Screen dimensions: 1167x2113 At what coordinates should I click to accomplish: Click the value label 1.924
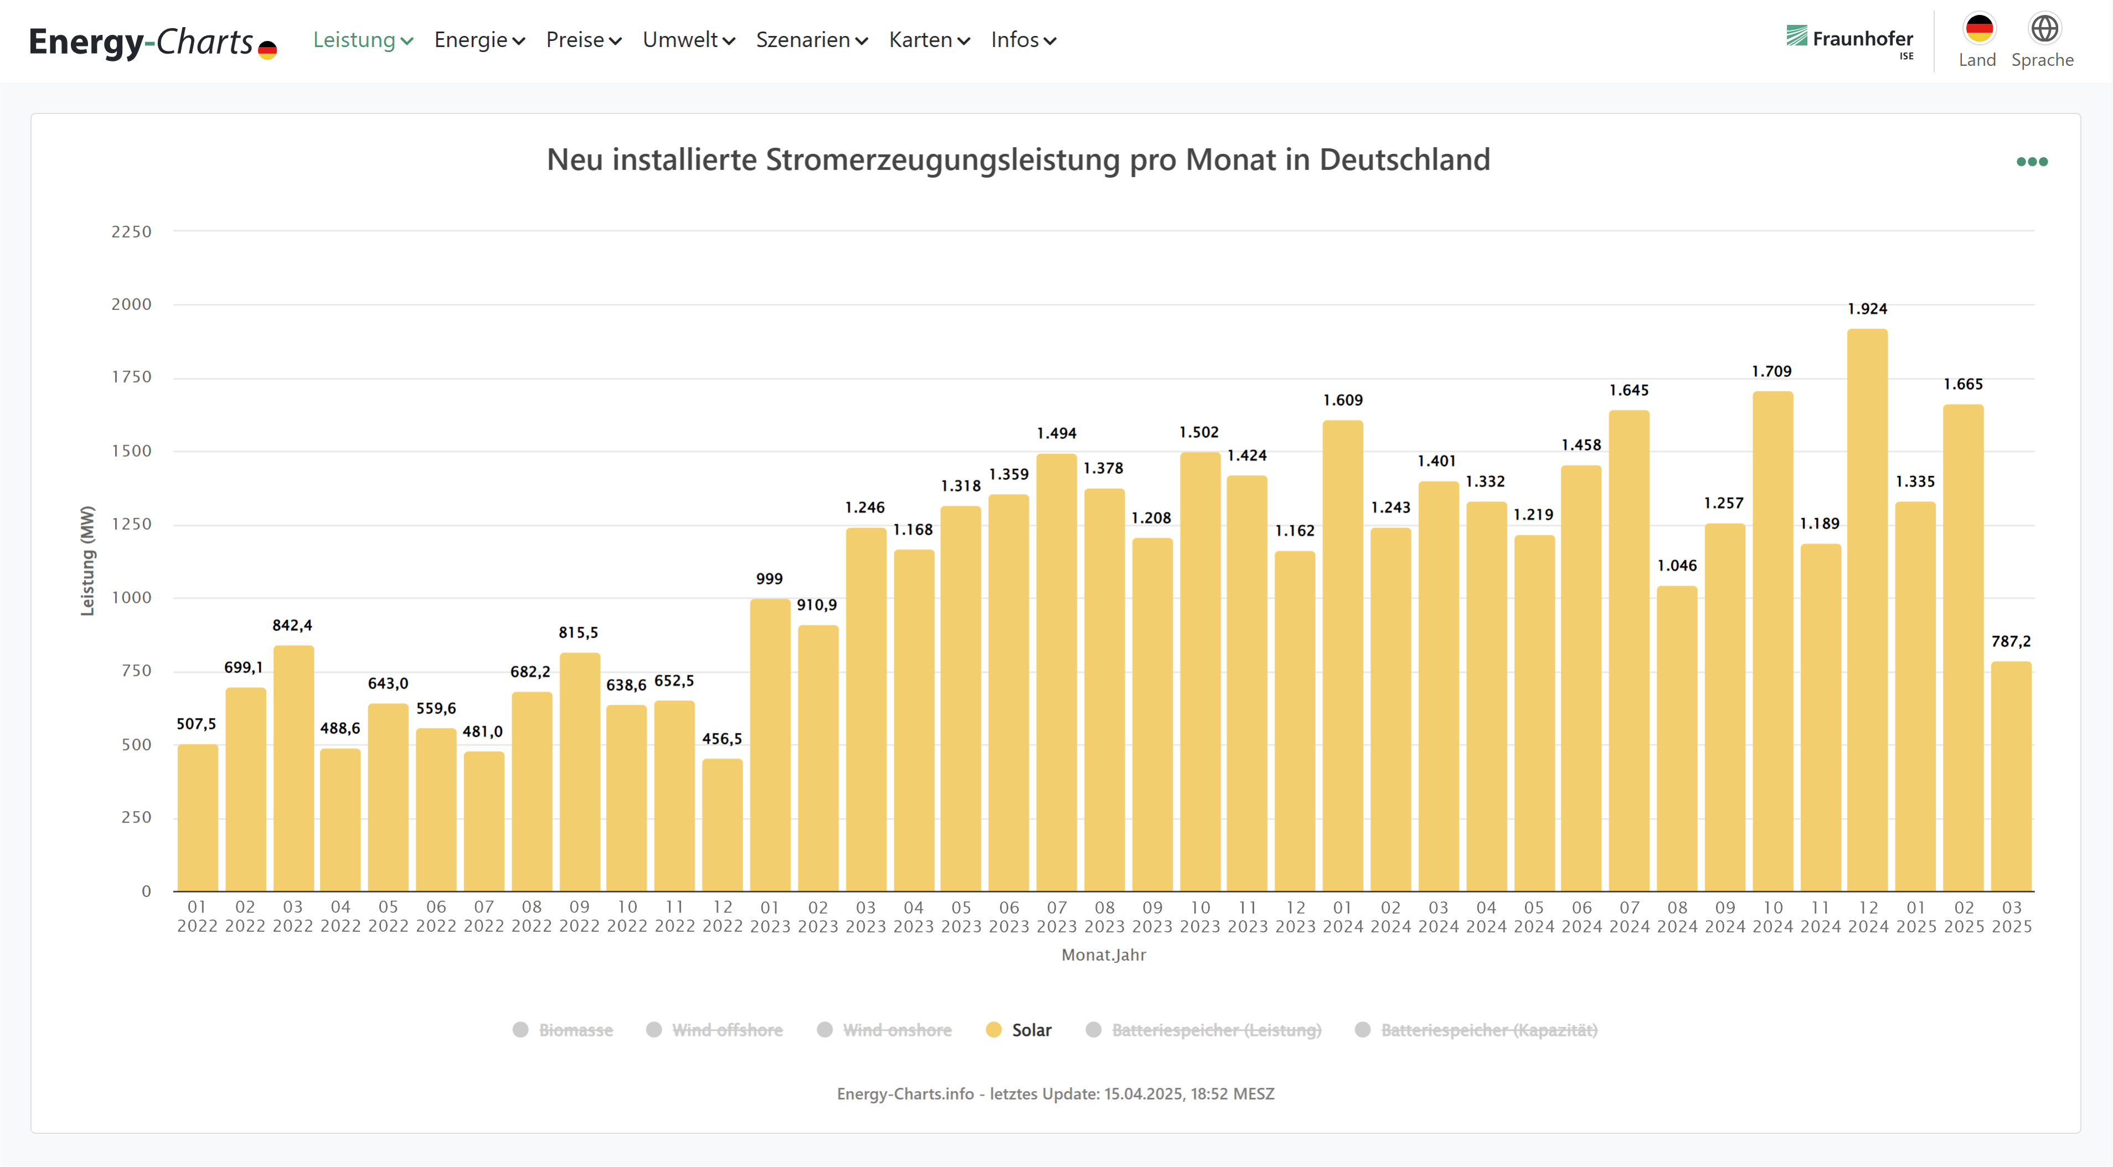tap(1867, 309)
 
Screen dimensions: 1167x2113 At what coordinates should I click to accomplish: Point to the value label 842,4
tap(292, 626)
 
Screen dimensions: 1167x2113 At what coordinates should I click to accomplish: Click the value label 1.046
tap(1677, 566)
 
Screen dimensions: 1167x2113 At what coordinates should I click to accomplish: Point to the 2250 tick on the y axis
tap(131, 232)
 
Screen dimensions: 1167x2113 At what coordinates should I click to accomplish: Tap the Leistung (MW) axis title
tap(87, 561)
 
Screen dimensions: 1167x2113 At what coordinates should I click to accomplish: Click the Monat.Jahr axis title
tap(1103, 954)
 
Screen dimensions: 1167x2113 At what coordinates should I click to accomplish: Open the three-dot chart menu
tap(2032, 162)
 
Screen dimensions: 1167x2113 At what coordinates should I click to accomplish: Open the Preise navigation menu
tap(583, 40)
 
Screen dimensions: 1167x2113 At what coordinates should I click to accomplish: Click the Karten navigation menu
tap(929, 40)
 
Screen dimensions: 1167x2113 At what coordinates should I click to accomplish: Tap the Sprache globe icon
tap(2043, 29)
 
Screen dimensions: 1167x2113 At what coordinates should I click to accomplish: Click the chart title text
tap(1018, 160)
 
